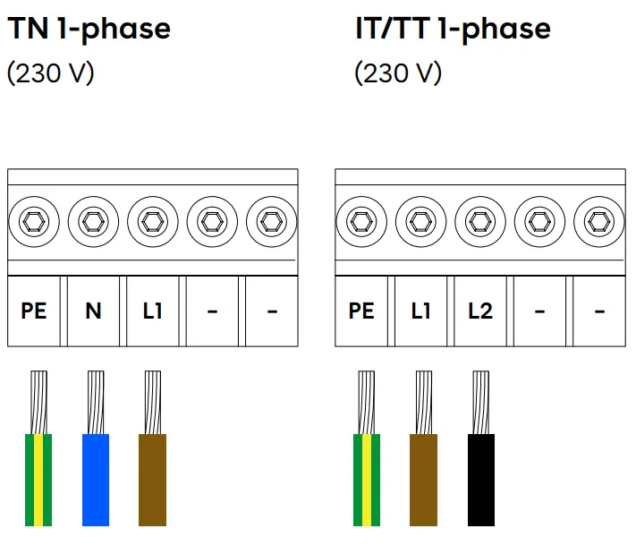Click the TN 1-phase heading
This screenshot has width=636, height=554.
(89, 29)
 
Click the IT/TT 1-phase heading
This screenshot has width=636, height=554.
(453, 29)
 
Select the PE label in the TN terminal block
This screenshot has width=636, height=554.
(34, 311)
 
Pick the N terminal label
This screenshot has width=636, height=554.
(93, 311)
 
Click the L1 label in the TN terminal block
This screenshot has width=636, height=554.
(152, 311)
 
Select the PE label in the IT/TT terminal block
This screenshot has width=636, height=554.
(361, 311)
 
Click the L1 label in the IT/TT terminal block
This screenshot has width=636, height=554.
(420, 311)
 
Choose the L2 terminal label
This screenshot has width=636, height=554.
(480, 311)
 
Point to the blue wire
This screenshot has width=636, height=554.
(96, 479)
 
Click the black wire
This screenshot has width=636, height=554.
(481, 479)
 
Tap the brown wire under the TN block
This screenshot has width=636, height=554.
(153, 479)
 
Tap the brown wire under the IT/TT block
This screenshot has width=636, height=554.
(423, 479)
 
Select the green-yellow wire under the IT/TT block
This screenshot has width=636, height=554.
(367, 479)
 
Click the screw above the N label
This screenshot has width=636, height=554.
(93, 219)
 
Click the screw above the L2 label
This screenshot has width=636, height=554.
(479, 219)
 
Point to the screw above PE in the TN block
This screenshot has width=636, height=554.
(34, 219)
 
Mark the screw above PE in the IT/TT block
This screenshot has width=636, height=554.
(361, 219)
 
